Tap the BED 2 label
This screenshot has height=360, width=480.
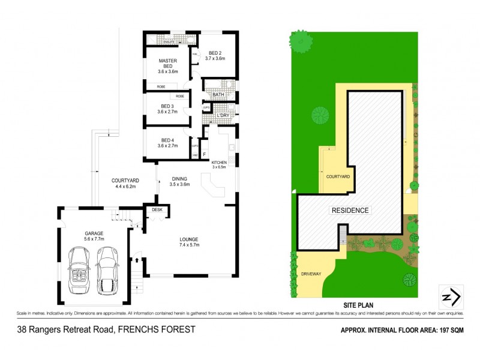tap(214, 54)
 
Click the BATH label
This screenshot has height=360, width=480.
tap(218, 95)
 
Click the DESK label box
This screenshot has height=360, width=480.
tap(158, 210)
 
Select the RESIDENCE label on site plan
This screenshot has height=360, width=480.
tap(349, 211)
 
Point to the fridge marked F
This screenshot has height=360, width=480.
tap(204, 155)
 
